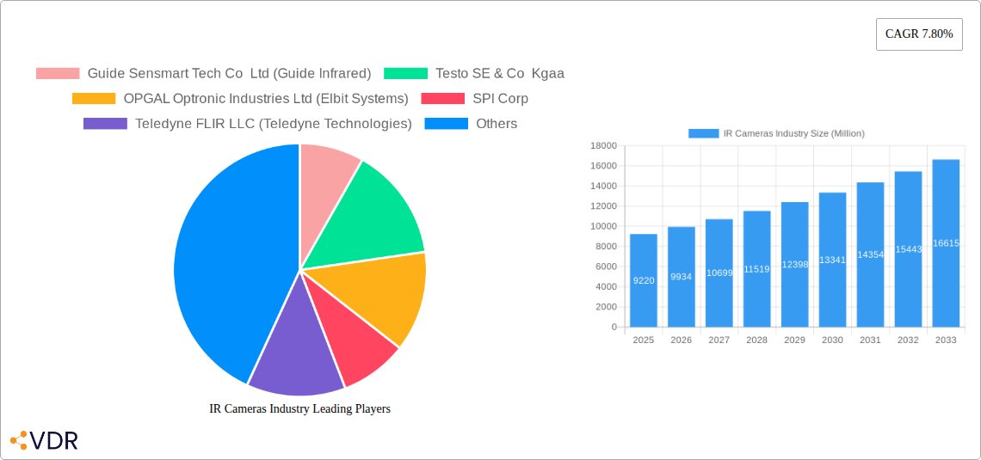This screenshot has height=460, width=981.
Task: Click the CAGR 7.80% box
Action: point(918,34)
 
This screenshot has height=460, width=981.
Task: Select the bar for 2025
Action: point(644,280)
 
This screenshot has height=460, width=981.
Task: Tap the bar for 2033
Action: point(946,243)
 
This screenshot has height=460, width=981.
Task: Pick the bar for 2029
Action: point(794,264)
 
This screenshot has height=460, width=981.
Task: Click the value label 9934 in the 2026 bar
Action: point(681,277)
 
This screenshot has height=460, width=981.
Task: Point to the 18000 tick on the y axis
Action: point(603,145)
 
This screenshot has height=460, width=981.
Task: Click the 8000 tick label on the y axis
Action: point(606,246)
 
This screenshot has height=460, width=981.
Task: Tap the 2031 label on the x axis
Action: point(870,340)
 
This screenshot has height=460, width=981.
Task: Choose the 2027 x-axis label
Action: point(719,340)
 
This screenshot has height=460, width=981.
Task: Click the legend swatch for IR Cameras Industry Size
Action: point(703,133)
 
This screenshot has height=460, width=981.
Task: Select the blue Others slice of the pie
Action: point(224,258)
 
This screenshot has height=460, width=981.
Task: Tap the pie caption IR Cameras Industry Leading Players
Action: point(299,408)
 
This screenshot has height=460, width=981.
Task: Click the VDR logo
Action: point(44,440)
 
